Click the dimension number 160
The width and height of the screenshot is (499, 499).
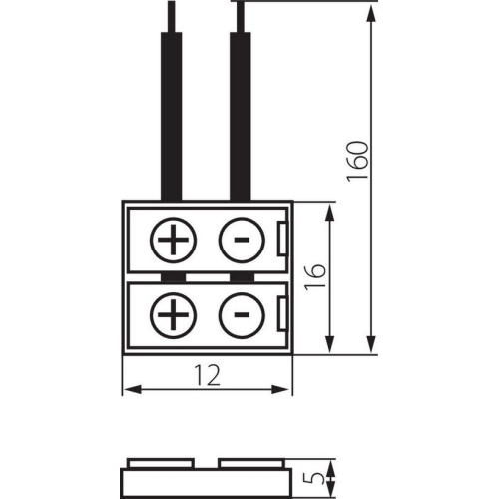click(361, 161)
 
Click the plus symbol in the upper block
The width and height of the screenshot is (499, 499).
click(174, 240)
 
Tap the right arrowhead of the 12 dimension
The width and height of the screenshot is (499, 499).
click(289, 389)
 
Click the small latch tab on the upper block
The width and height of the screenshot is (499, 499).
click(285, 240)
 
